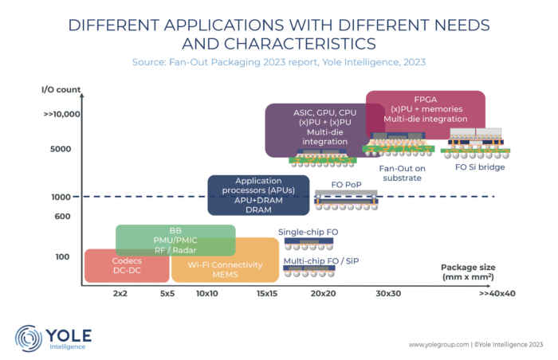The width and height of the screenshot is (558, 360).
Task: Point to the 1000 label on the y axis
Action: [59, 197]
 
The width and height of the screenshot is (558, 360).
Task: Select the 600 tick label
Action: [63, 217]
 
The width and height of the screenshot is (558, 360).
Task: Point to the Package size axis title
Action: [467, 272]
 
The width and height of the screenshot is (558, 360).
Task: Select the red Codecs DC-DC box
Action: [124, 266]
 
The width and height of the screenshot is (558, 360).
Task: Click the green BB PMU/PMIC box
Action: [175, 240]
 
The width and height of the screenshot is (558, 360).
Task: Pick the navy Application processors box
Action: [258, 194]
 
